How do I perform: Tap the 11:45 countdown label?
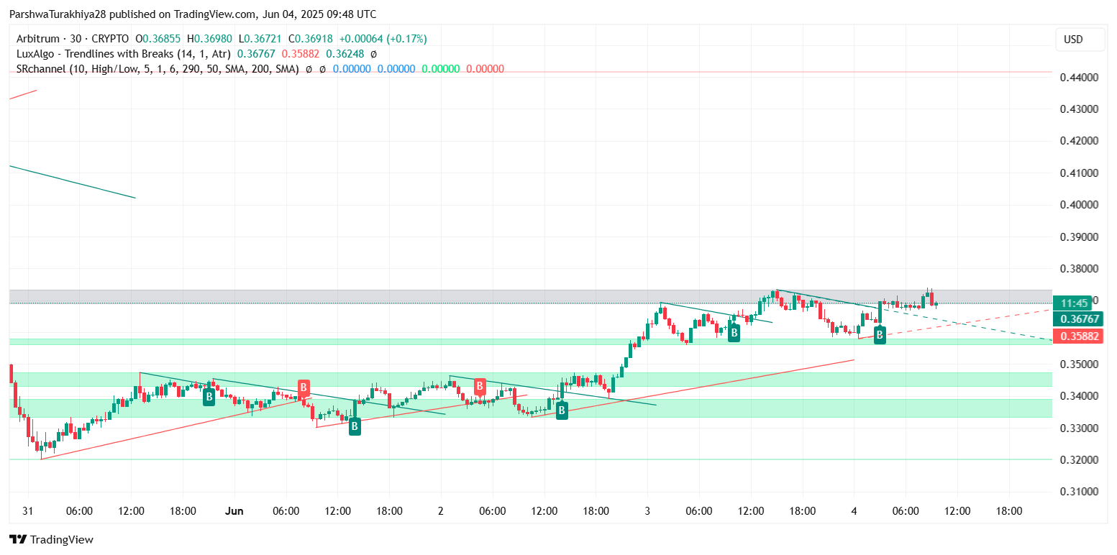[1074, 303]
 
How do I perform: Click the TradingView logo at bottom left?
[51, 539]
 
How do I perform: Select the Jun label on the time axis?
[234, 511]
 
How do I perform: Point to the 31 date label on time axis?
[28, 511]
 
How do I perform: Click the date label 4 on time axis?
[854, 511]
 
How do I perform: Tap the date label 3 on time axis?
[647, 511]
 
